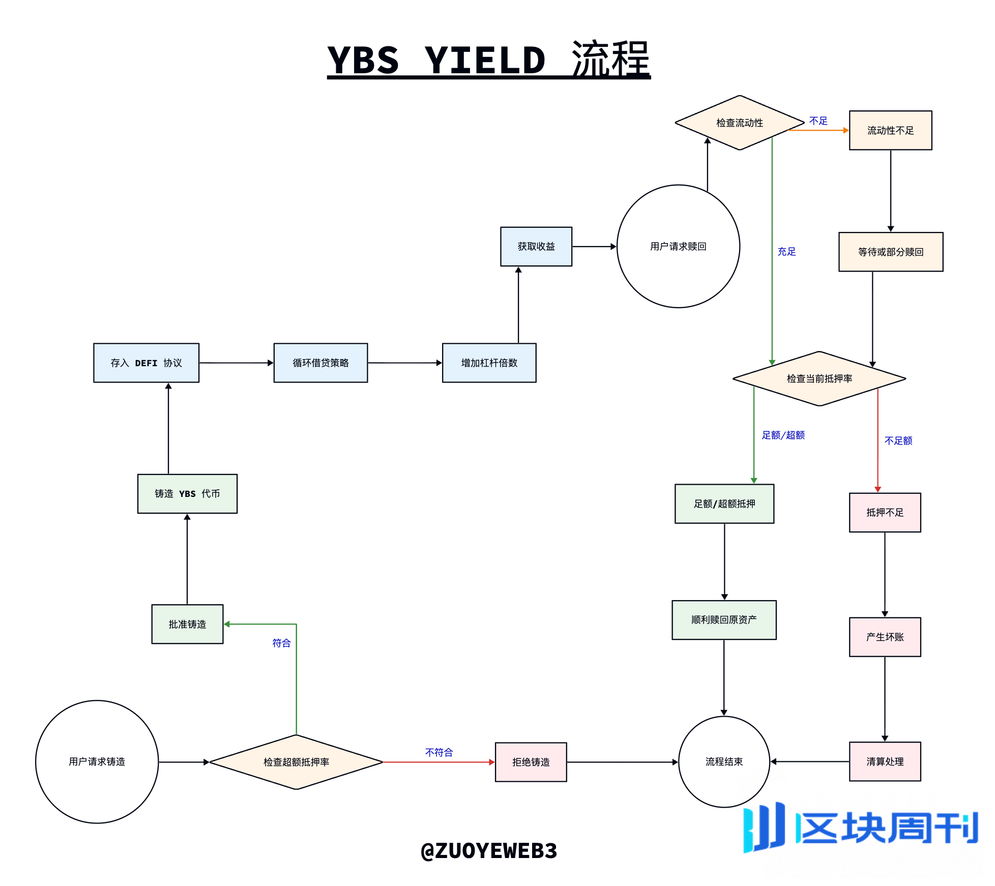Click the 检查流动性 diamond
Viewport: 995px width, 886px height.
tap(739, 123)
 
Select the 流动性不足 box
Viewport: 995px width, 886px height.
tap(890, 130)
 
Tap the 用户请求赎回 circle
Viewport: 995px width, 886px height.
tap(678, 246)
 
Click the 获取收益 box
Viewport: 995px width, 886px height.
tap(536, 246)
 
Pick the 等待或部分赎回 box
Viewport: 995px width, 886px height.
tap(890, 252)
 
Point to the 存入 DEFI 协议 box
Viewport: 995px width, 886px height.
tap(146, 363)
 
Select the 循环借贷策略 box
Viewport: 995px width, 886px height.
tap(320, 363)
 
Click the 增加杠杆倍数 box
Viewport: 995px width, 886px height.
tap(489, 363)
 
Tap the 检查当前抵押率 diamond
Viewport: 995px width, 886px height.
tap(819, 378)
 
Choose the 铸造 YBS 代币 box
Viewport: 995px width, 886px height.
tap(187, 493)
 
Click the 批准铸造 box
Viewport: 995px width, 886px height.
tap(187, 624)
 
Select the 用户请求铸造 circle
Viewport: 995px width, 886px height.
tap(97, 761)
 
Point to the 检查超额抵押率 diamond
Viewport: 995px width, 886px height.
tap(296, 762)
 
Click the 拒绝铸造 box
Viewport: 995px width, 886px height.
tap(531, 762)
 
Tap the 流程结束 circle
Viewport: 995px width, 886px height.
tap(724, 761)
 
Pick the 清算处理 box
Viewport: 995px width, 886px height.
tap(885, 761)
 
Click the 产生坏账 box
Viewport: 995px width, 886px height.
tap(885, 637)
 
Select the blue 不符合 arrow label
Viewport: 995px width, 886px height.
tap(439, 752)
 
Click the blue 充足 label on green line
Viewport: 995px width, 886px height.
tap(786, 251)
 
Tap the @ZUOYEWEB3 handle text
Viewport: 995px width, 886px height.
tap(489, 850)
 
